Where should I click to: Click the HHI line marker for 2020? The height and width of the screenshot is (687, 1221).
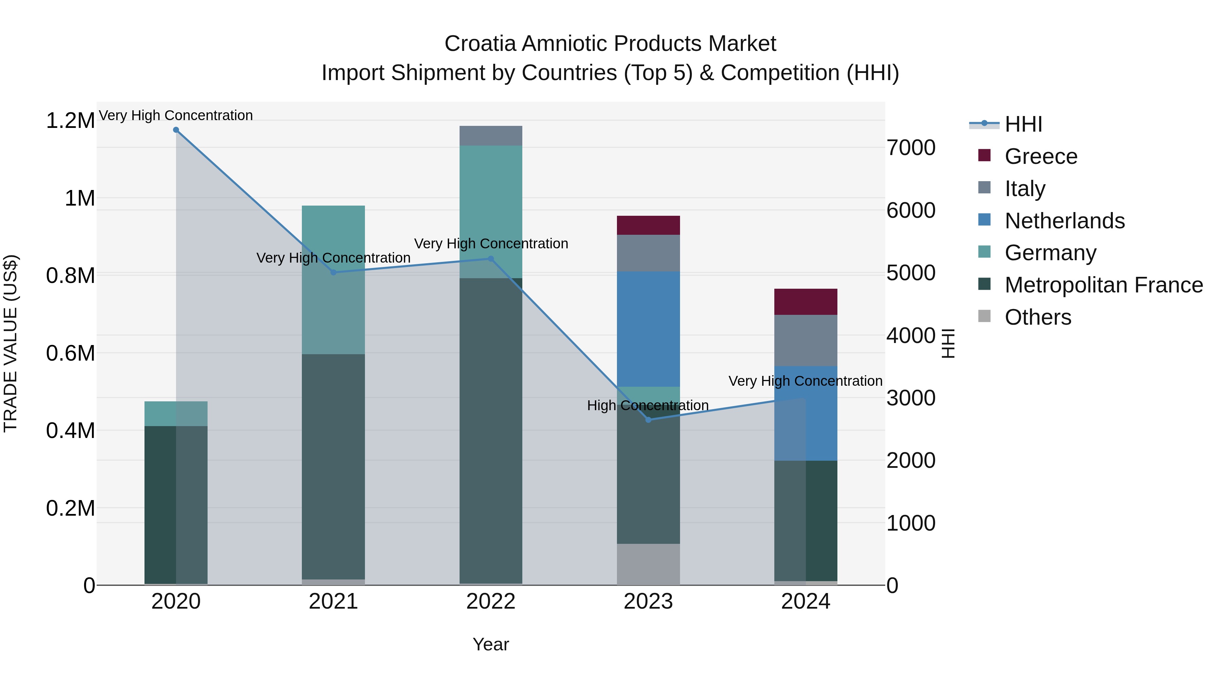click(176, 130)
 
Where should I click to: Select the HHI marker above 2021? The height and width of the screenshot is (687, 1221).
click(333, 272)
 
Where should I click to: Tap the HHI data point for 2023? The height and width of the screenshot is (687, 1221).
click(648, 420)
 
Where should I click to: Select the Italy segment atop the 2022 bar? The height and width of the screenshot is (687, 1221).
click(490, 136)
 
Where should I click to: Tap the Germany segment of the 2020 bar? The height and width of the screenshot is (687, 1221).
click(176, 414)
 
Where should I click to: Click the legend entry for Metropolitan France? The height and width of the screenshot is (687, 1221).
click(1103, 285)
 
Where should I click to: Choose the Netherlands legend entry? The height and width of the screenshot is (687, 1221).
click(1065, 221)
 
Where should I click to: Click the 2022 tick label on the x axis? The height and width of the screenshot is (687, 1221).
click(490, 602)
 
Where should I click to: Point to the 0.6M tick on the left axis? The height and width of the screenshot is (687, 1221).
click(70, 353)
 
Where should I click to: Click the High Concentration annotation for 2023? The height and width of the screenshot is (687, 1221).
click(647, 405)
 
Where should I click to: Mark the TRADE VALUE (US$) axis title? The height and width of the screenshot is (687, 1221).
click(11, 343)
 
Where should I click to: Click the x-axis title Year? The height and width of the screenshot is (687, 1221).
click(490, 644)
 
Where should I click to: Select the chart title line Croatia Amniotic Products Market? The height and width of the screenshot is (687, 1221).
click(610, 44)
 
